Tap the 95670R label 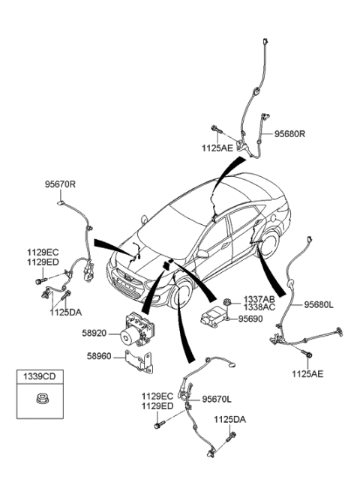[x=62, y=184]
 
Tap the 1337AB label [x=259, y=299]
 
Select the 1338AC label [x=259, y=308]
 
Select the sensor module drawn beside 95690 [x=216, y=314]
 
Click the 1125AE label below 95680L [x=310, y=373]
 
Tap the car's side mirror [x=202, y=255]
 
